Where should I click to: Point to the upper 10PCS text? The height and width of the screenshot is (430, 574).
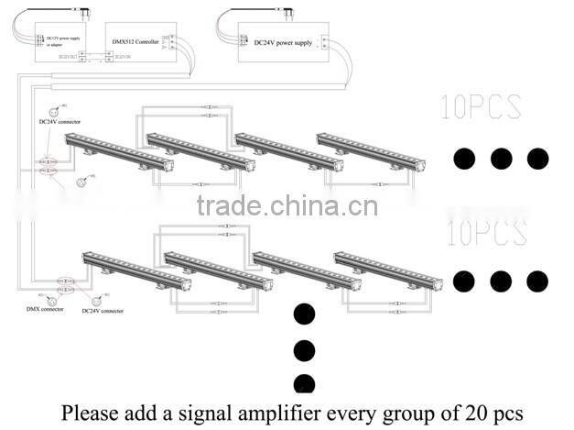[481, 106]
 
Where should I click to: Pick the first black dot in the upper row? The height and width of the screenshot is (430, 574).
[465, 158]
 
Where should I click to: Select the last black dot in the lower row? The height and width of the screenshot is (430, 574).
[537, 281]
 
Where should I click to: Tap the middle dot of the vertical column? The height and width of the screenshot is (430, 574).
[304, 349]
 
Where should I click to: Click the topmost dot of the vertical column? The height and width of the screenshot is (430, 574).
[304, 314]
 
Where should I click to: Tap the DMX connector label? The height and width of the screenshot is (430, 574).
[43, 310]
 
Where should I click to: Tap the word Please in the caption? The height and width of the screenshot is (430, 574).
[91, 413]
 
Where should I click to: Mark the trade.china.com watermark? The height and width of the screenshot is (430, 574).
[287, 205]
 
